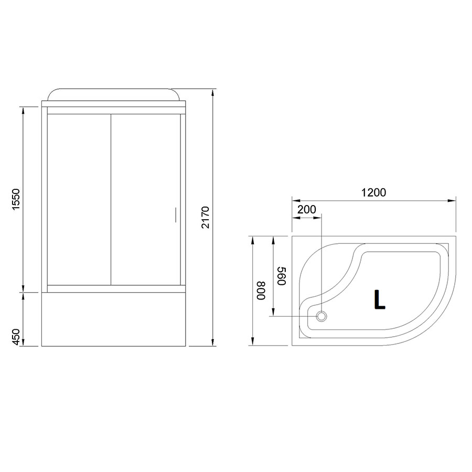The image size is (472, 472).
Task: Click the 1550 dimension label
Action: (15, 199)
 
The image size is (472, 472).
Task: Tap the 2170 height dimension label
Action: (205, 217)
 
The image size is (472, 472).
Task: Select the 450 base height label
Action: (15, 337)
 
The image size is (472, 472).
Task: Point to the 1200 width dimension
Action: (373, 192)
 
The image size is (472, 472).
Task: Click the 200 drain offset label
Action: (306, 209)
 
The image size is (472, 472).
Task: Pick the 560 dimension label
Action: (281, 276)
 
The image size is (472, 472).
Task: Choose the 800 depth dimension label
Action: (261, 291)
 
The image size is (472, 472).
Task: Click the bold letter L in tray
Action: (379, 299)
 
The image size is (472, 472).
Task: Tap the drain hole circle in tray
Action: (321, 316)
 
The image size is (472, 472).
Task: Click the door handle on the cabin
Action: (176, 214)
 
